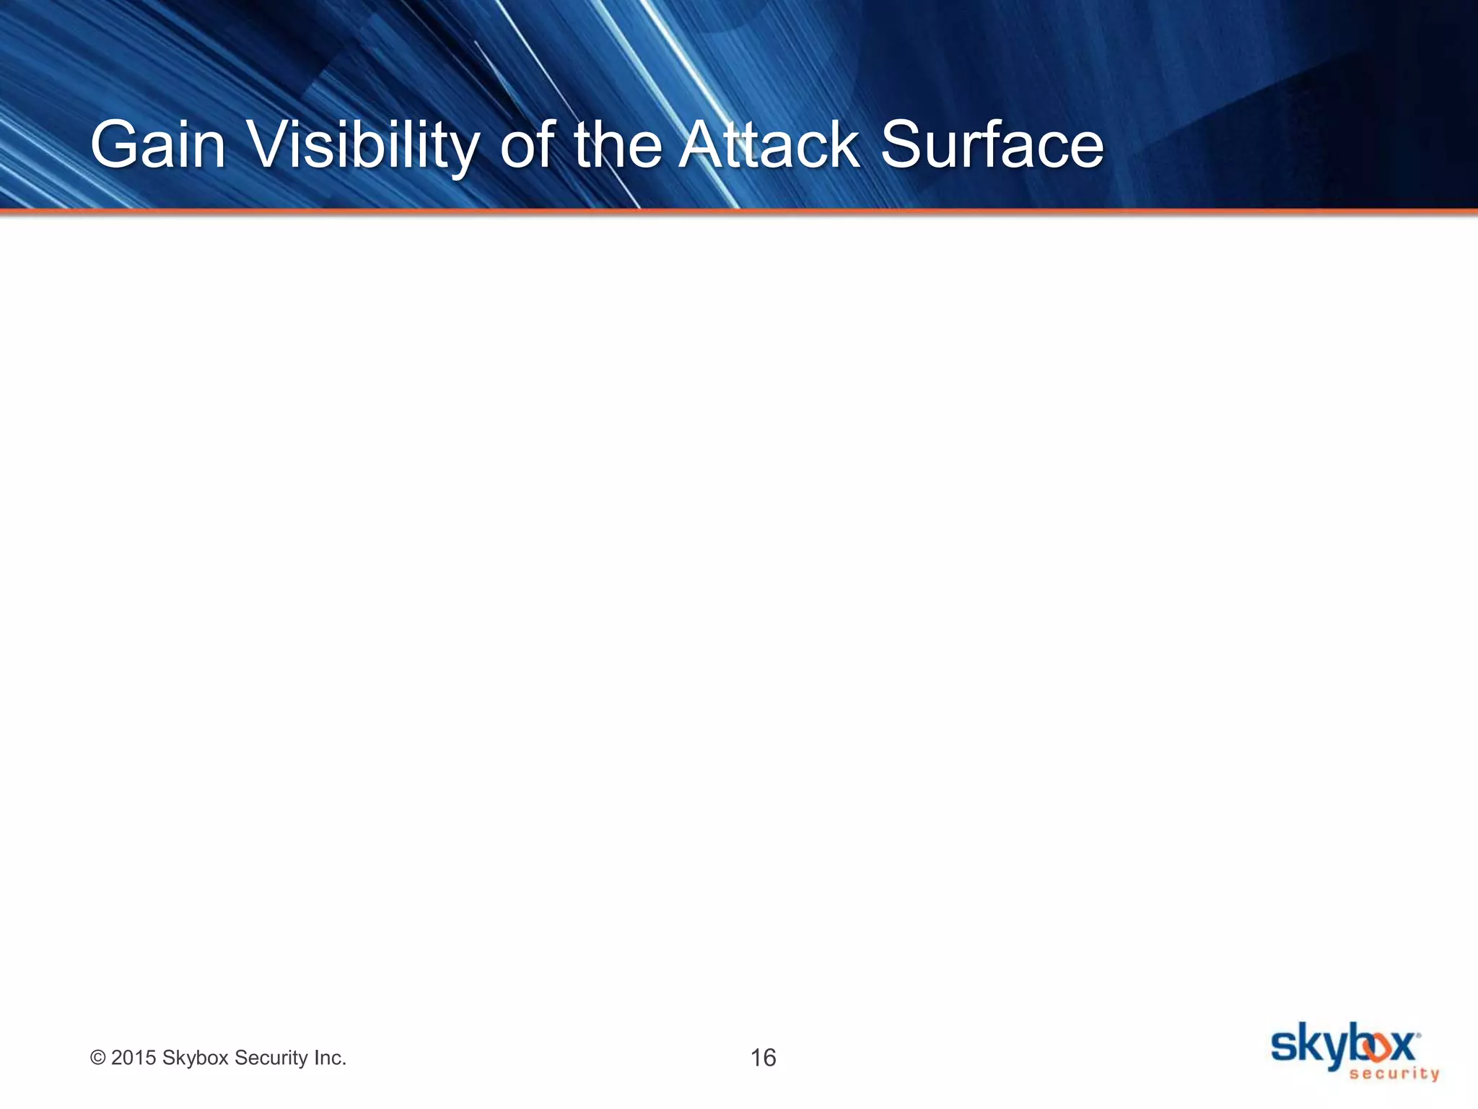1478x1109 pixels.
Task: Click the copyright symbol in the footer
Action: (97, 1058)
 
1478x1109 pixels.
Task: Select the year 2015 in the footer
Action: (134, 1058)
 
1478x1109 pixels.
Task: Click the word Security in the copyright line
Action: (271, 1058)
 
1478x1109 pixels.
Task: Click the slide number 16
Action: (763, 1058)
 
